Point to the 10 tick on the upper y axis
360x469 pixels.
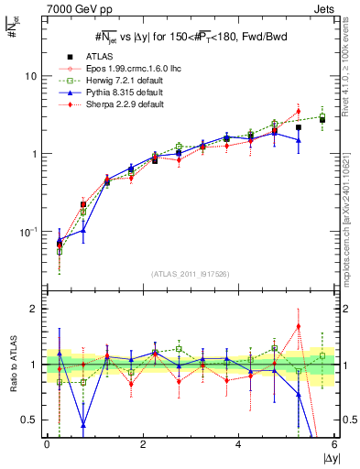[32, 76]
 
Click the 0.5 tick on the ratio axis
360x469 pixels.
[30, 420]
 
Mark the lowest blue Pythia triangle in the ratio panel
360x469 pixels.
[84, 425]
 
